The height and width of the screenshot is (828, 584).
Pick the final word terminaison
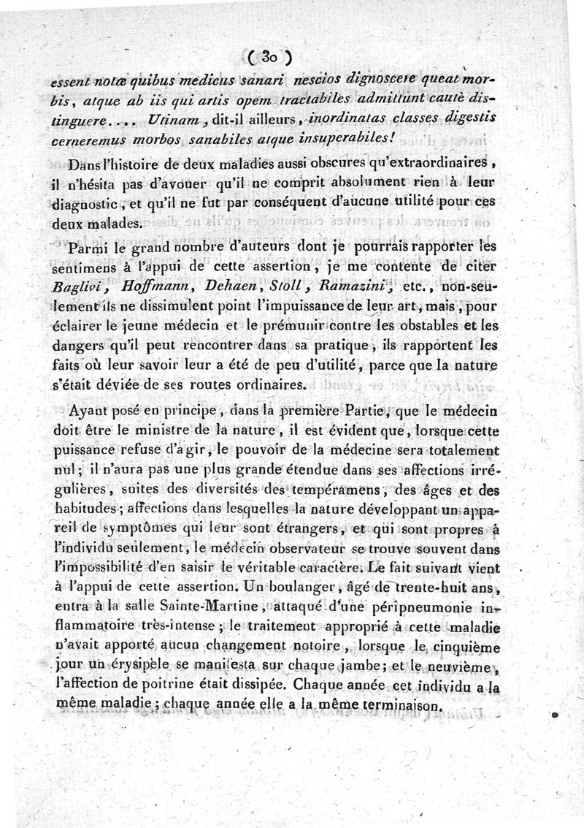click(x=393, y=707)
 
